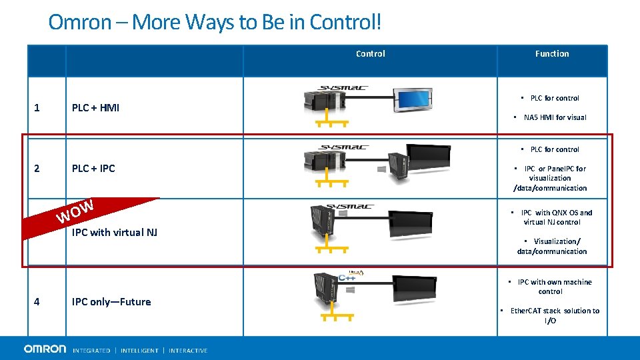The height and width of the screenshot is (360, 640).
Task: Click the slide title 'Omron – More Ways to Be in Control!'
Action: [215, 22]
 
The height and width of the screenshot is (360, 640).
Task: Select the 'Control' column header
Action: [370, 53]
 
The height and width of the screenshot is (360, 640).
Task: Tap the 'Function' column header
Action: [551, 53]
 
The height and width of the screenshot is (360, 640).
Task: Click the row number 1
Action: [37, 107]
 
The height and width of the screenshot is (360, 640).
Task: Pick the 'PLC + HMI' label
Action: [95, 107]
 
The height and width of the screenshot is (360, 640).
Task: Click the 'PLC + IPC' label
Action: [93, 168]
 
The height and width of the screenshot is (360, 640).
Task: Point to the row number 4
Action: [37, 301]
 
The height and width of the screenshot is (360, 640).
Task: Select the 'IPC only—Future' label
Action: [111, 301]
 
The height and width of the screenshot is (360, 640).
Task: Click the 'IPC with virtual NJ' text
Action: [114, 232]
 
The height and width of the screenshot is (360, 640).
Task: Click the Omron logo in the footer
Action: [45, 349]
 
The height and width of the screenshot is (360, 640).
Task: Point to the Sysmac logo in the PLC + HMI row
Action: [343, 87]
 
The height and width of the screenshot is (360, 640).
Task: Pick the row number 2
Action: [37, 168]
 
